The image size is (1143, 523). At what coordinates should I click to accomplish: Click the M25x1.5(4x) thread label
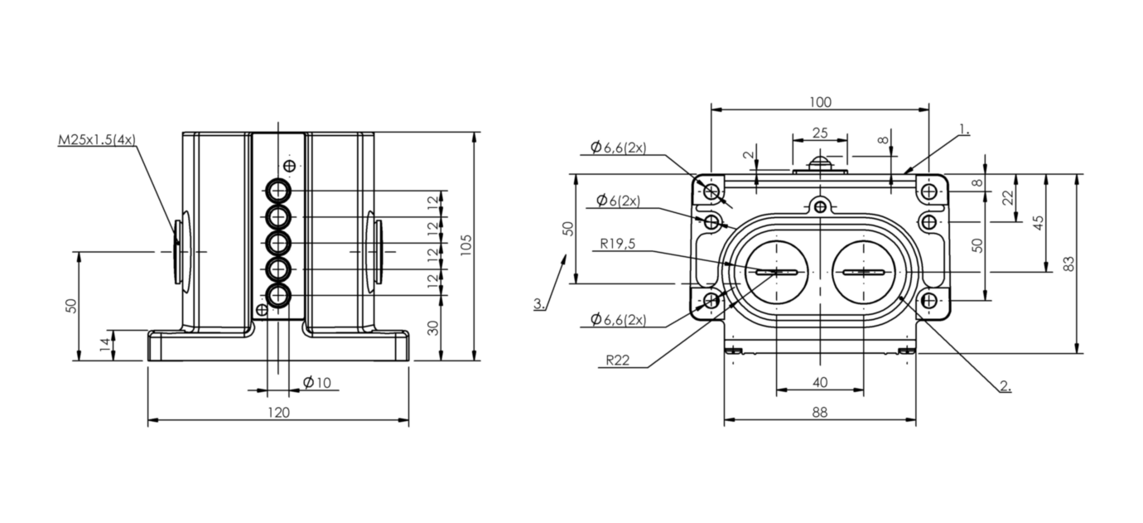pyautogui.click(x=97, y=139)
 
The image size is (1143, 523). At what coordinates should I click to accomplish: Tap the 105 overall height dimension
pyautogui.click(x=465, y=245)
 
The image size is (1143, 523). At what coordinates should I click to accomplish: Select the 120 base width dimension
pyautogui.click(x=278, y=412)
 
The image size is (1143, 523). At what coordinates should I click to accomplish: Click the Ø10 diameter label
pyautogui.click(x=317, y=382)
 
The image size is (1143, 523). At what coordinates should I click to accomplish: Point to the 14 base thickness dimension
pyautogui.click(x=104, y=345)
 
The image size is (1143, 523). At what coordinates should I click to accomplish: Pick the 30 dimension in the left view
pyautogui.click(x=432, y=328)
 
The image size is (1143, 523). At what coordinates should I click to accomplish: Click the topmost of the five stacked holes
pyautogui.click(x=278, y=191)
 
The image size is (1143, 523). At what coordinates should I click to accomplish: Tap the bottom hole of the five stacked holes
pyautogui.click(x=278, y=295)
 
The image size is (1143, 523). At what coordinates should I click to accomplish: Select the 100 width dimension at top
pyautogui.click(x=821, y=102)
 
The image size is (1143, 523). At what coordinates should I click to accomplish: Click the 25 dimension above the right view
pyautogui.click(x=820, y=133)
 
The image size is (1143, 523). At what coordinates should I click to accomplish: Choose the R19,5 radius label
pyautogui.click(x=617, y=244)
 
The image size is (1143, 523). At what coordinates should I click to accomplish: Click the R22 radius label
pyautogui.click(x=617, y=360)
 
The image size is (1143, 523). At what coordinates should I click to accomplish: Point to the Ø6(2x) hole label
pyautogui.click(x=618, y=201)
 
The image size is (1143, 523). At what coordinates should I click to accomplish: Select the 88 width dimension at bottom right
pyautogui.click(x=820, y=412)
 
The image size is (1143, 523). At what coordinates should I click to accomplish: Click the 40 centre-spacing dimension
pyautogui.click(x=820, y=383)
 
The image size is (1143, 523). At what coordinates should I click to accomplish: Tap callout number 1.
pyautogui.click(x=964, y=130)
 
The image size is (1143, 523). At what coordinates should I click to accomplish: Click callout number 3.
pyautogui.click(x=539, y=303)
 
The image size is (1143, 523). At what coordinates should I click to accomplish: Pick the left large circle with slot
pyautogui.click(x=777, y=272)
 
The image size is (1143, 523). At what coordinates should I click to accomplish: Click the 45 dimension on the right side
pyautogui.click(x=1038, y=223)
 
